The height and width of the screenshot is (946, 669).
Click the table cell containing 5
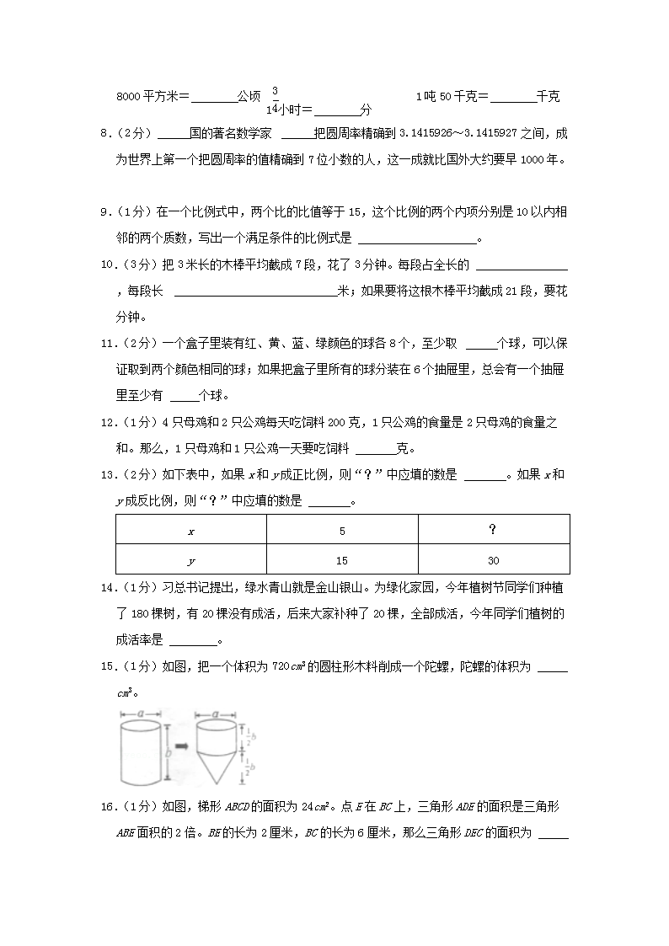coord(342,532)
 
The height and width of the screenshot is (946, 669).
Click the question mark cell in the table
coord(493,530)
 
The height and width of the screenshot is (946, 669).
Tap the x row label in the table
coord(191,532)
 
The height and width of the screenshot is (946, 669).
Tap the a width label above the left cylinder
coord(139,713)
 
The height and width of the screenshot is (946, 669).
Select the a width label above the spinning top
coord(217,713)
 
